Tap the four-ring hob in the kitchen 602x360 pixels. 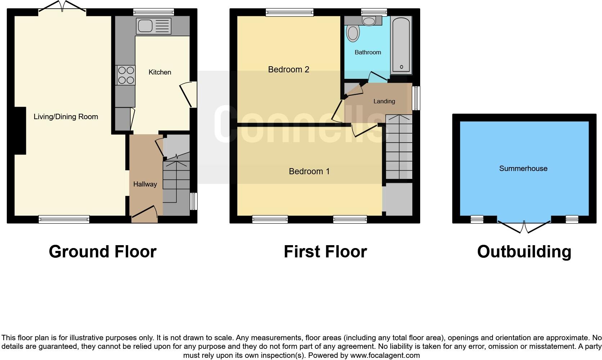click(125, 75)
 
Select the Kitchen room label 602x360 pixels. click(160, 72)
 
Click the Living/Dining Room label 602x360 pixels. click(66, 117)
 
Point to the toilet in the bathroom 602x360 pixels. click(353, 33)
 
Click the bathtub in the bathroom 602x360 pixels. click(401, 45)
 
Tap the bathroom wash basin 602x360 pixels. click(369, 21)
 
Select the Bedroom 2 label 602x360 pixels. click(289, 69)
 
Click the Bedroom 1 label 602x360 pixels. click(309, 171)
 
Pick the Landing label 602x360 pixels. click(384, 102)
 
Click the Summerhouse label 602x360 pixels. click(523, 168)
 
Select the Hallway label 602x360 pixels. click(145, 184)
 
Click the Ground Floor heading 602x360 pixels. click(103, 252)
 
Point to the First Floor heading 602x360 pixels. click(325, 252)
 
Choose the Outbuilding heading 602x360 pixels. click(524, 252)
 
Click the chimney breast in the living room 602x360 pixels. click(20, 131)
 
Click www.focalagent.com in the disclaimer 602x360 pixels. click(385, 355)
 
